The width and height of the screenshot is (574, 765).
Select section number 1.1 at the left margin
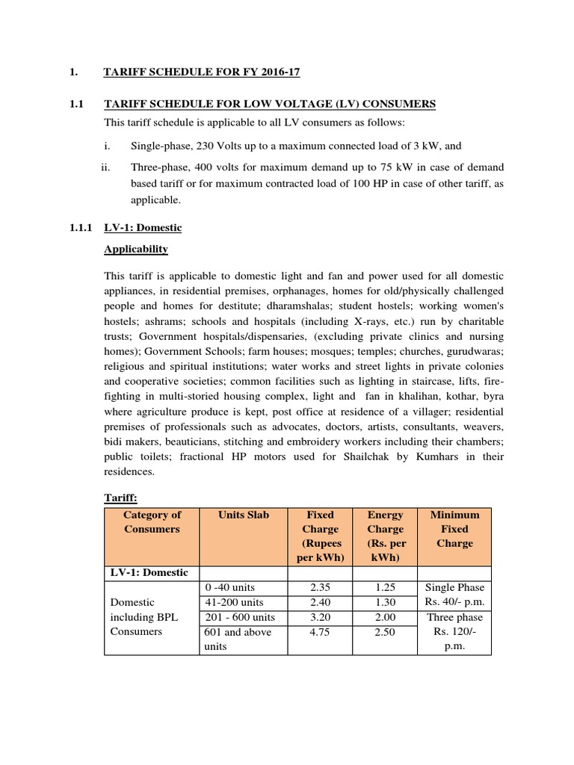coord(75,103)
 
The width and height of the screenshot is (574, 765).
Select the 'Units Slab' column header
coord(243,515)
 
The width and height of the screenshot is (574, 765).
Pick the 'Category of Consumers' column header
coord(152,521)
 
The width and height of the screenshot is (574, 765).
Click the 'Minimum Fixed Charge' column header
coord(454,529)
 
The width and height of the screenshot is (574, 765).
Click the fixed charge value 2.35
coord(321,588)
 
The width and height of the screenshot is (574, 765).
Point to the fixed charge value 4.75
coord(321,632)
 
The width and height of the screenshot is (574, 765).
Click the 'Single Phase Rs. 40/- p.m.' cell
coord(454,595)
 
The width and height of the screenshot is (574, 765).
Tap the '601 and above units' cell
coord(237,639)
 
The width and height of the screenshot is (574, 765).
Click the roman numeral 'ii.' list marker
coord(105,167)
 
